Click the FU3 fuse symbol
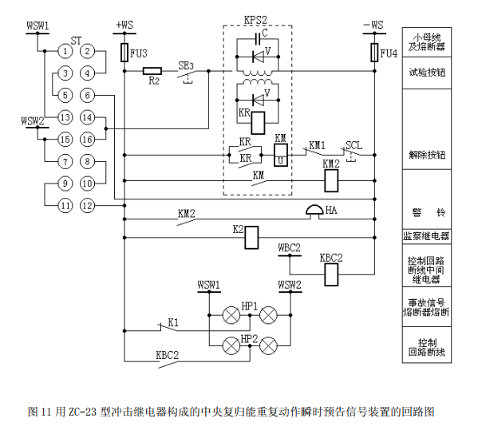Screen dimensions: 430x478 [123, 53]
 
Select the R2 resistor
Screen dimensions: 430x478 [152, 71]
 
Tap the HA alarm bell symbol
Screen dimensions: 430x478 [313, 211]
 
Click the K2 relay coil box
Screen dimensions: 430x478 [251, 236]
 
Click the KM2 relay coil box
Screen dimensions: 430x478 [331, 180]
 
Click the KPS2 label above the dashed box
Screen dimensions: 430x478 [256, 18]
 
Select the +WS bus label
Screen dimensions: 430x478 [125, 25]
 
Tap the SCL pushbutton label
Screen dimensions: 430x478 [353, 147]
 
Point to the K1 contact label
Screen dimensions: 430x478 [172, 322]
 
